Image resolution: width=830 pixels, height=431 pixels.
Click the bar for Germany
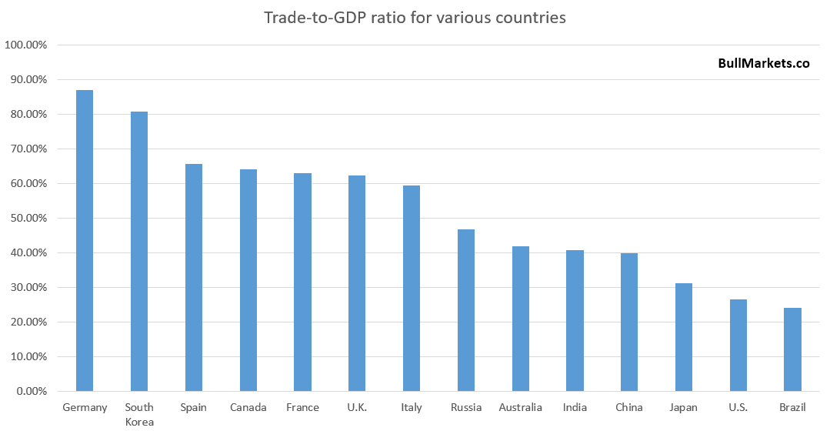pyautogui.click(x=85, y=241)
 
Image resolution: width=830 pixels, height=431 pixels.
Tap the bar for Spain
pyautogui.click(x=194, y=278)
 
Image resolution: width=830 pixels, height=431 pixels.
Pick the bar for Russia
pyautogui.click(x=466, y=310)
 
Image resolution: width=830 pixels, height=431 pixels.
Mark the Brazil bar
pyautogui.click(x=792, y=349)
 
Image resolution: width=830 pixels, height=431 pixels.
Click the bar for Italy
pyautogui.click(x=412, y=289)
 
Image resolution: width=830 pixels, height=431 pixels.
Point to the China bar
pyautogui.click(x=629, y=322)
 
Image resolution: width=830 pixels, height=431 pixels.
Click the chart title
pyautogui.click(x=415, y=17)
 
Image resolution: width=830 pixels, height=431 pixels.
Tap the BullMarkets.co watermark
pyautogui.click(x=763, y=65)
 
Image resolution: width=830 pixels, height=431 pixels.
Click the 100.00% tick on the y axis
pyautogui.click(x=26, y=45)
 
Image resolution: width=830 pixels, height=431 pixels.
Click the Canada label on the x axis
pyautogui.click(x=248, y=407)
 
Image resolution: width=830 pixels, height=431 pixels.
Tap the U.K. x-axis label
pyautogui.click(x=357, y=407)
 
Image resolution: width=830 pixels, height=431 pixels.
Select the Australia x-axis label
pyautogui.click(x=520, y=407)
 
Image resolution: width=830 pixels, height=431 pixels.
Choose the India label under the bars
pyautogui.click(x=575, y=407)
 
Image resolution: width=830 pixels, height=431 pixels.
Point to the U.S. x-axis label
pyautogui.click(x=738, y=407)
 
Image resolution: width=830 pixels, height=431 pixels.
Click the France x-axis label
pyautogui.click(x=302, y=407)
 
